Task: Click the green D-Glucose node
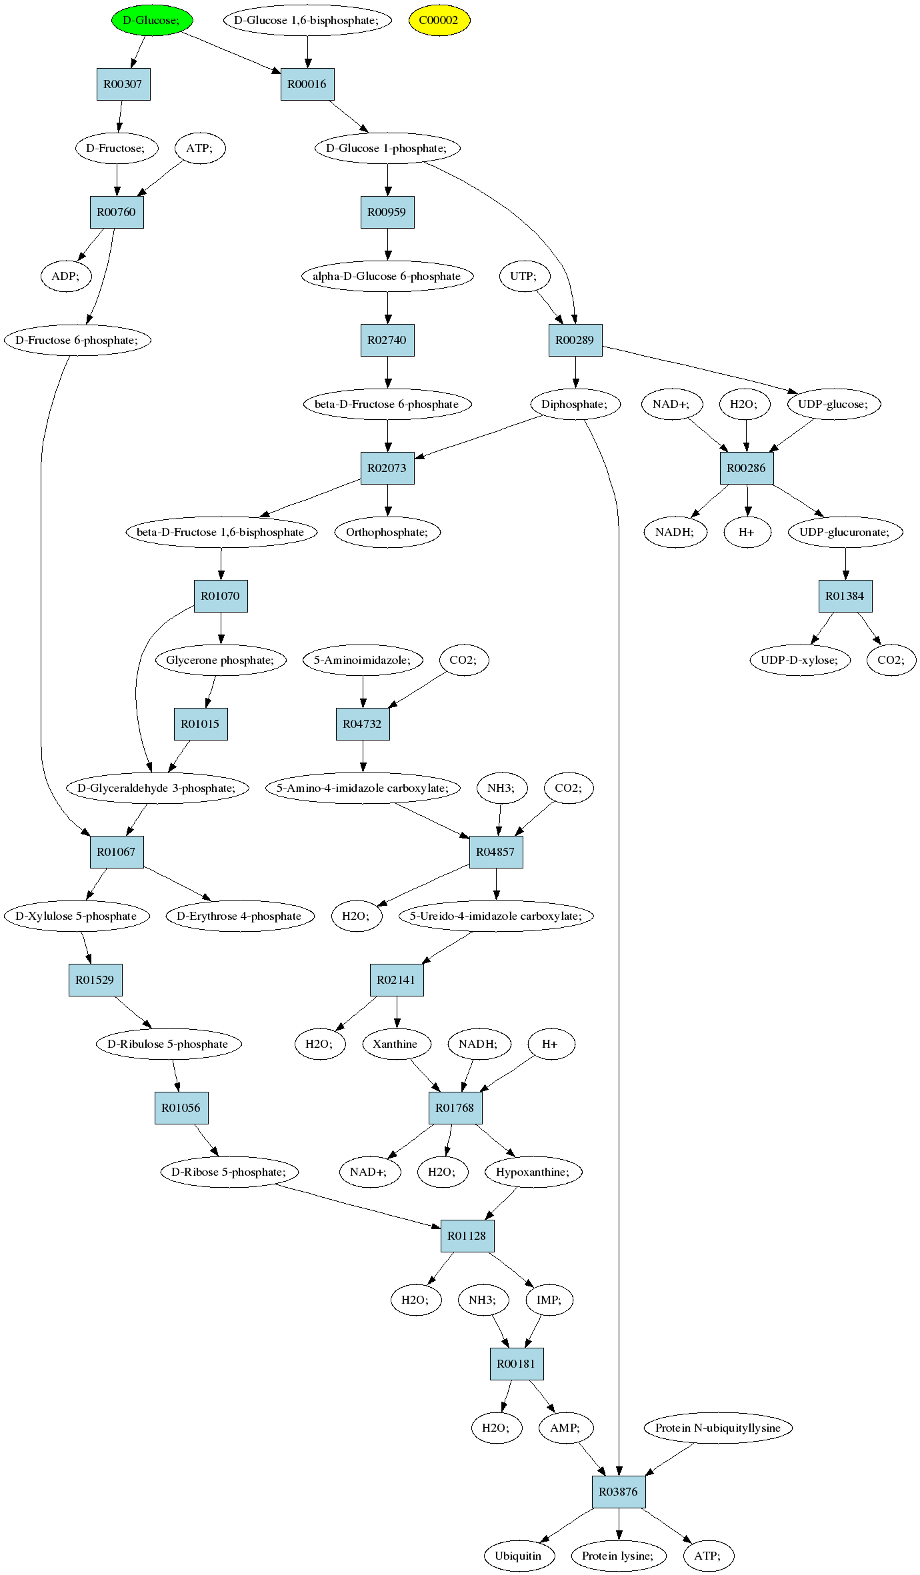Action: [x=152, y=20]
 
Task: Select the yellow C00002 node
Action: [x=439, y=20]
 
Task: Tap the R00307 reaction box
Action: [x=123, y=84]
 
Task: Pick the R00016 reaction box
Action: [x=307, y=84]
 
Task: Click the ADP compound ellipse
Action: [x=66, y=276]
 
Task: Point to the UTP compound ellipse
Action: [x=524, y=276]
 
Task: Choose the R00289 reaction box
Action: [x=575, y=340]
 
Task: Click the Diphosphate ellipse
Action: [x=575, y=404]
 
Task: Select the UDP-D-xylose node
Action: [x=800, y=660]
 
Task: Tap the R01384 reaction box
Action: [x=845, y=596]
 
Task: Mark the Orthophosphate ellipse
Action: [x=387, y=532]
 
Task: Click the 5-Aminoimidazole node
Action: [x=363, y=660]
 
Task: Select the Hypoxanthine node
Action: [x=533, y=1172]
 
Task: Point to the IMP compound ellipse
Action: [x=549, y=1300]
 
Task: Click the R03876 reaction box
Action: [x=619, y=1492]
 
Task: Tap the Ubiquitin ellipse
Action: [x=519, y=1556]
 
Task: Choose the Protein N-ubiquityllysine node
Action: [x=718, y=1428]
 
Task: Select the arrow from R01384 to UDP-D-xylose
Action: [x=822, y=629]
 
